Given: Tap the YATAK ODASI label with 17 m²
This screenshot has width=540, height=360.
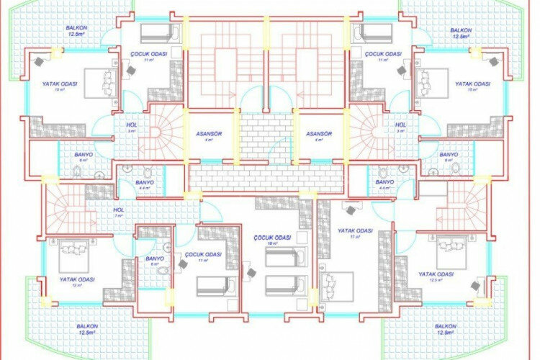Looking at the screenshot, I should [x=355, y=231].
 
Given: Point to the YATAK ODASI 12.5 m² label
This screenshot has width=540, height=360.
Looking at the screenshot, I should [x=436, y=274].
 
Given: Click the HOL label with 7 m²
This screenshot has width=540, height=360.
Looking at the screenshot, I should [x=119, y=210].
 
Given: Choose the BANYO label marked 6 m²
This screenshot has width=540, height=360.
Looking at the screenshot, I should [x=155, y=258].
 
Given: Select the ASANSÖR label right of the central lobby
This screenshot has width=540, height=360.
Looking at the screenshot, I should [x=318, y=135].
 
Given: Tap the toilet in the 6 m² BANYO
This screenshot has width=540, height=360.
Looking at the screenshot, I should [x=164, y=271].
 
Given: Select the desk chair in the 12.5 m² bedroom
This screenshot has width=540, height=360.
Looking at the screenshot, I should [x=477, y=287].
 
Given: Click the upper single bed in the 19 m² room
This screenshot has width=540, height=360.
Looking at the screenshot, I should [x=286, y=256].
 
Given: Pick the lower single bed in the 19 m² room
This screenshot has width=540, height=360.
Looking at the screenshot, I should [x=286, y=284].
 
